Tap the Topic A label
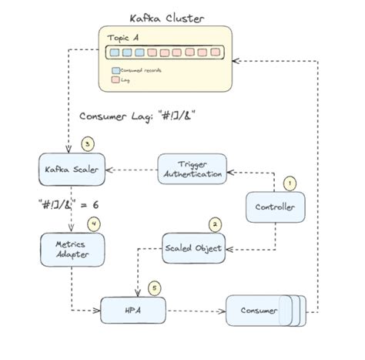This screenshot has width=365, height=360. (124, 39)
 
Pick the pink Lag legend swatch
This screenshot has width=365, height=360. (116, 79)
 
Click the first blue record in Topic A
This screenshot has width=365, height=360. (114, 53)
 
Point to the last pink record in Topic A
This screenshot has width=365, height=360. (216, 53)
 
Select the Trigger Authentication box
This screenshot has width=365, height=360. (193, 168)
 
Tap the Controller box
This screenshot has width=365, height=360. (274, 207)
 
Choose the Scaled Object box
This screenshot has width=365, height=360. (193, 247)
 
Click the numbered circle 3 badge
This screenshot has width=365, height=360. (88, 143)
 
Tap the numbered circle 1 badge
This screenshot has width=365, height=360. (290, 183)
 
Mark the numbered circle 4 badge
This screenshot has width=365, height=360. (94, 224)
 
